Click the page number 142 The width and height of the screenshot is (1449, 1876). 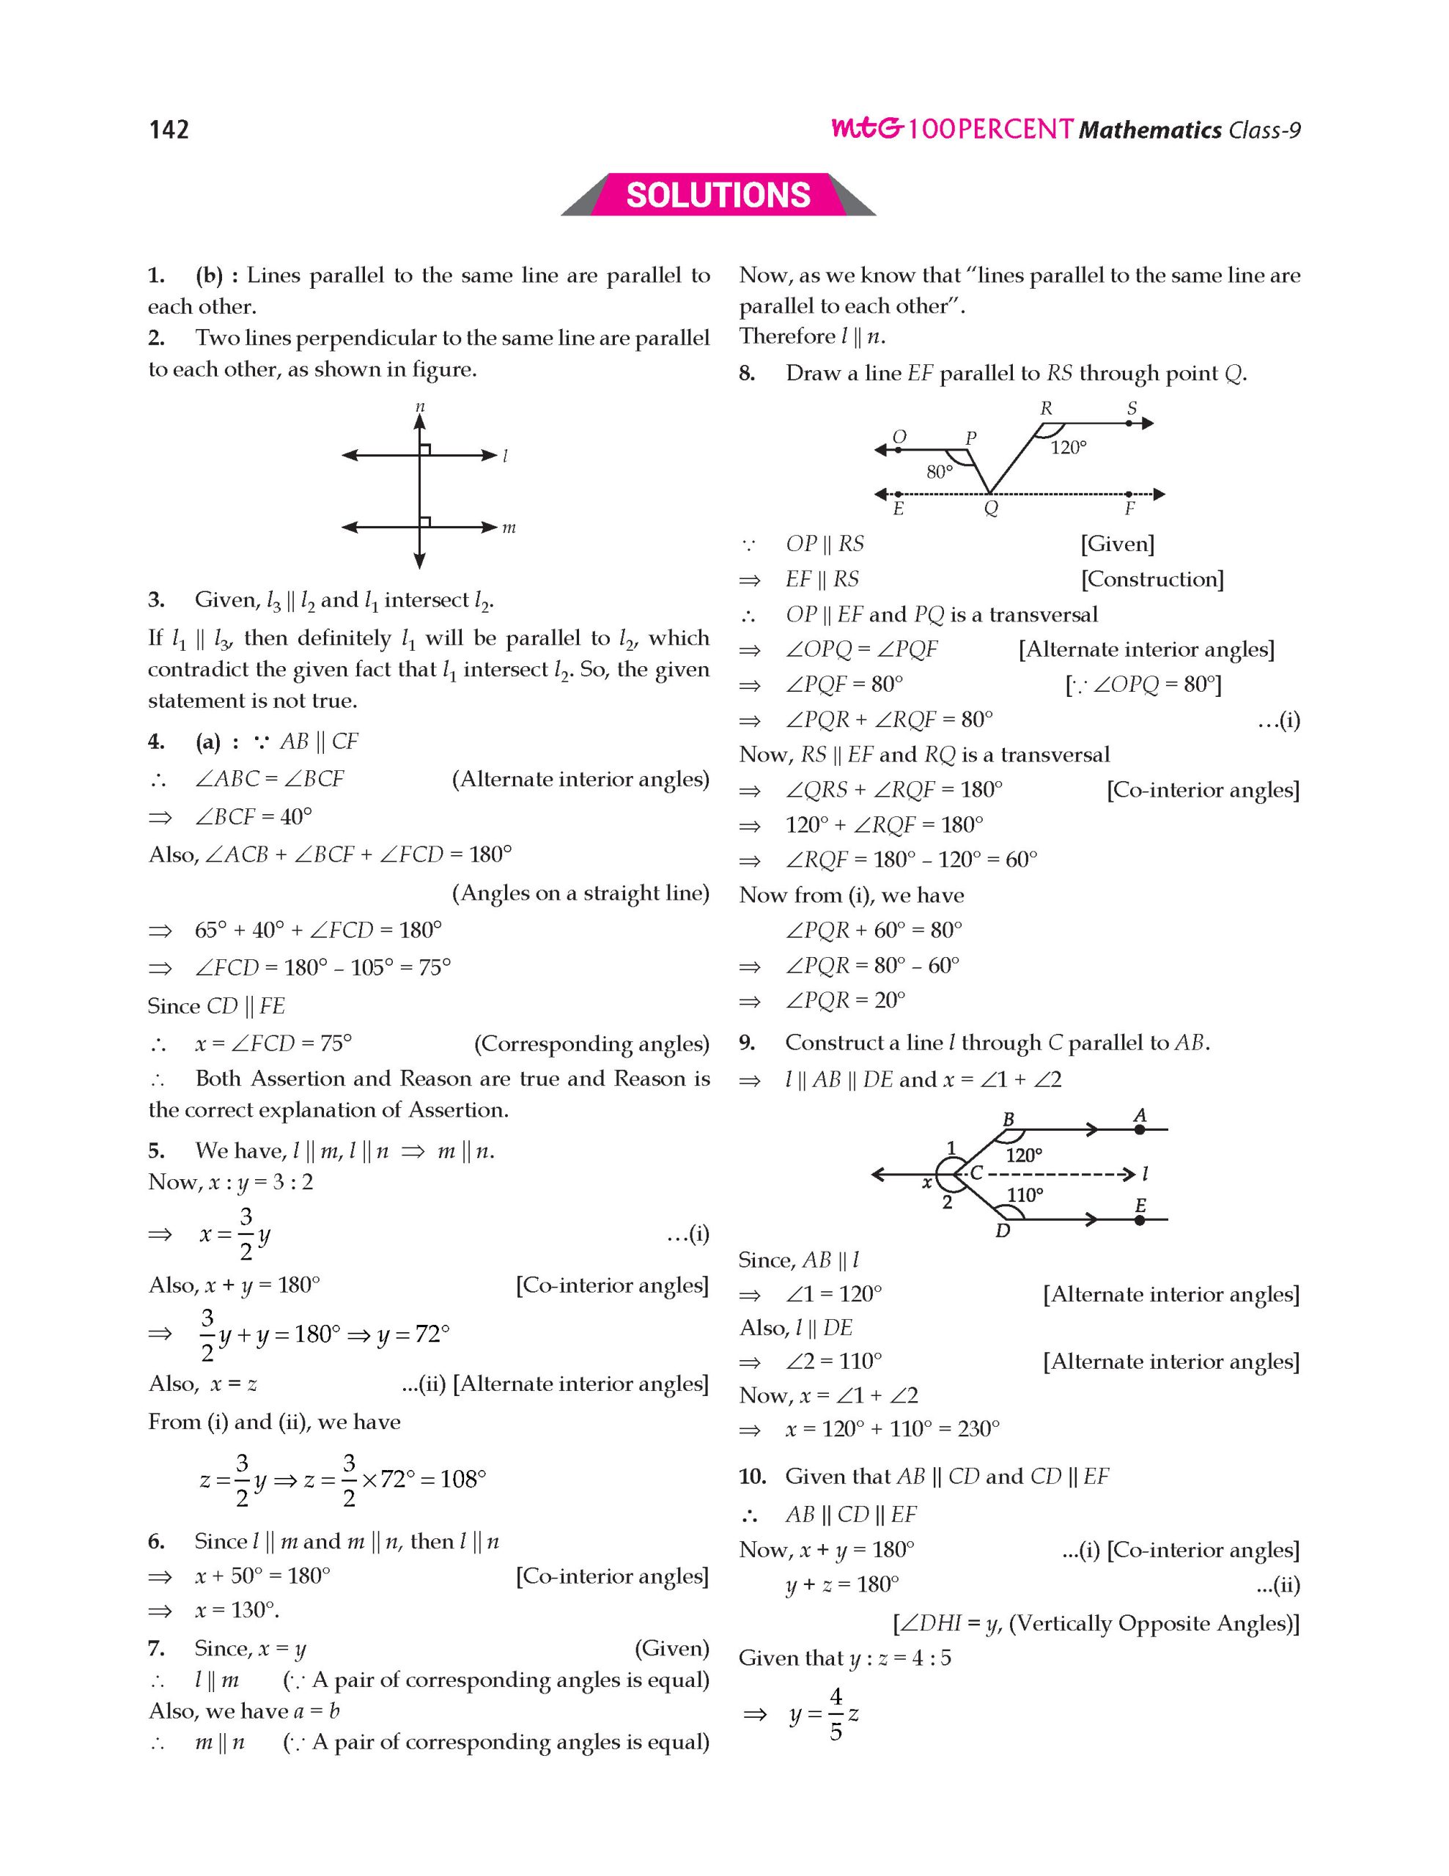tap(169, 129)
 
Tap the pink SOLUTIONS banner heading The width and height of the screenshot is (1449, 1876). tap(718, 195)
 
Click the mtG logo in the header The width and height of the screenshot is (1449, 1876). tap(866, 129)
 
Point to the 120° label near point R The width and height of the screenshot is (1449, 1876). tap(1069, 447)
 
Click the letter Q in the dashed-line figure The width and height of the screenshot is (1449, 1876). tap(990, 509)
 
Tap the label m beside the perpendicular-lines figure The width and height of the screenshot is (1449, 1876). tap(509, 528)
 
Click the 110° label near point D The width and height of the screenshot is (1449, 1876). tap(1025, 1194)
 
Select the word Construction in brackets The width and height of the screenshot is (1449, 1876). tap(1152, 579)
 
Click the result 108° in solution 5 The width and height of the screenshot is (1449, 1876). tap(463, 1478)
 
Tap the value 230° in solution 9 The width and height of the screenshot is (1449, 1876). tap(978, 1428)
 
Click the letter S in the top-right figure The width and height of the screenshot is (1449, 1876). tap(1132, 408)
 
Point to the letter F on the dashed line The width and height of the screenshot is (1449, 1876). tap(1129, 509)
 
